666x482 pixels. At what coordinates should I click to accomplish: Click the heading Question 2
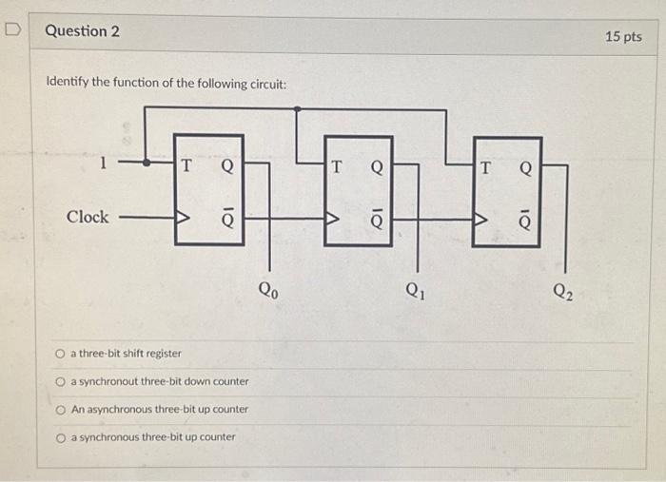(x=83, y=31)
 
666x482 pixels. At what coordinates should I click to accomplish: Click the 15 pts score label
(x=623, y=37)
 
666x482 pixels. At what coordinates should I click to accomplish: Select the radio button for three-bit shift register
(x=60, y=354)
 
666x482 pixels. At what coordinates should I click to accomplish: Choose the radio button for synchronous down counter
(x=60, y=381)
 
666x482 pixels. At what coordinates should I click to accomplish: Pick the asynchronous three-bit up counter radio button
(x=60, y=409)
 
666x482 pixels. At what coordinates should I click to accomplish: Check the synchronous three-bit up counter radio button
(x=60, y=437)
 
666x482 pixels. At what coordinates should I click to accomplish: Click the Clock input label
(x=88, y=217)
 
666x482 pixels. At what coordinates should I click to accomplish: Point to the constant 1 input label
(x=103, y=163)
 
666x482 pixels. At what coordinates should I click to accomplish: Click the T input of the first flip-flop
(x=187, y=164)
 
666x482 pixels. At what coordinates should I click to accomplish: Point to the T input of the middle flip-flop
(x=336, y=167)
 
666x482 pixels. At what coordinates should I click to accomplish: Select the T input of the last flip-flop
(x=486, y=168)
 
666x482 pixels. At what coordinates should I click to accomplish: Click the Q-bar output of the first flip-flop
(x=226, y=216)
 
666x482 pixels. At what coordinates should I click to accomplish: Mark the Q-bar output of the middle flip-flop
(x=377, y=219)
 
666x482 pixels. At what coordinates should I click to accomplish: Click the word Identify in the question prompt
(x=67, y=84)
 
